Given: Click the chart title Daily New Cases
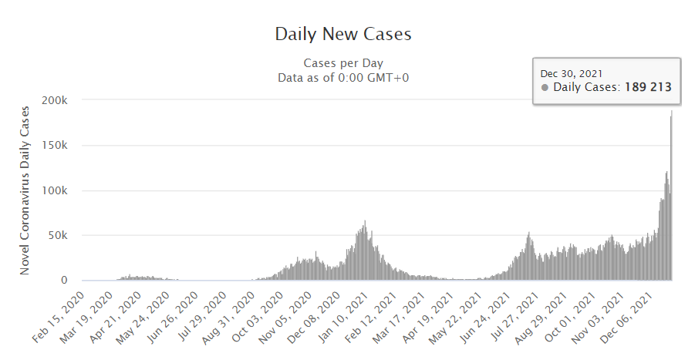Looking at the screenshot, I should [x=343, y=35].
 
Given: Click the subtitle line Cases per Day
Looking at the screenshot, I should [x=343, y=63].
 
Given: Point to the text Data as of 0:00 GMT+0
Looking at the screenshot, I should [x=343, y=77].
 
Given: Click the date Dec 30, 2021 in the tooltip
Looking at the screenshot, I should [x=572, y=73].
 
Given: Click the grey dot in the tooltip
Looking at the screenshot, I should [x=545, y=88].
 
